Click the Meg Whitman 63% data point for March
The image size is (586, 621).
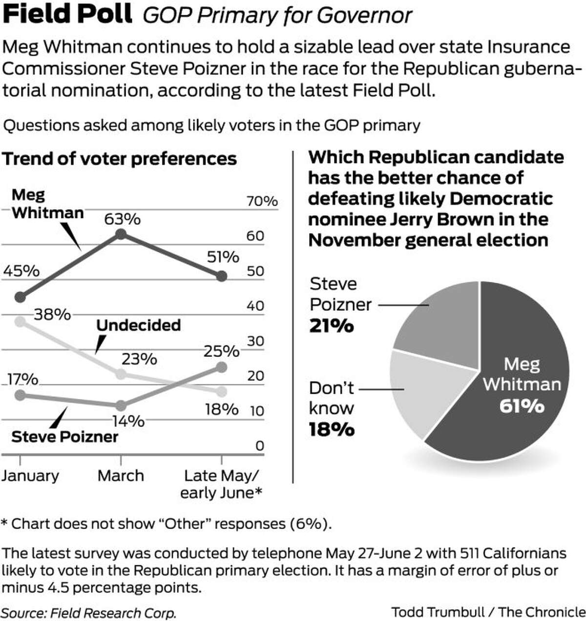tap(121, 235)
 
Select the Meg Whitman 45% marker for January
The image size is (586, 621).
tap(20, 297)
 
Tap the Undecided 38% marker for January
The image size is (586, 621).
tap(20, 321)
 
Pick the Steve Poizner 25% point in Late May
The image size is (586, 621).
tap(221, 367)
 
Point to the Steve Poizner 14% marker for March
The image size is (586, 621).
tap(121, 406)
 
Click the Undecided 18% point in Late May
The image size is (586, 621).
tap(221, 391)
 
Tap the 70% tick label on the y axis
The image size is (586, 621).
tap(262, 201)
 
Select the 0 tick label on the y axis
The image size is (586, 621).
tap(259, 446)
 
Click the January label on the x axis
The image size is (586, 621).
tap(30, 475)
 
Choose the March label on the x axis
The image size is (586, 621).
tap(121, 475)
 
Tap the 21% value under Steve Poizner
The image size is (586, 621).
tap(332, 326)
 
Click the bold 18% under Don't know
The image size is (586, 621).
tap(332, 429)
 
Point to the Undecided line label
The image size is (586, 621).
tap(139, 325)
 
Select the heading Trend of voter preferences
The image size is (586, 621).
tap(120, 159)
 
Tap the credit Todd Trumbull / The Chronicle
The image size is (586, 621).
tap(488, 612)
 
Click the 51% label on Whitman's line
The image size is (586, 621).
tap(223, 257)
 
